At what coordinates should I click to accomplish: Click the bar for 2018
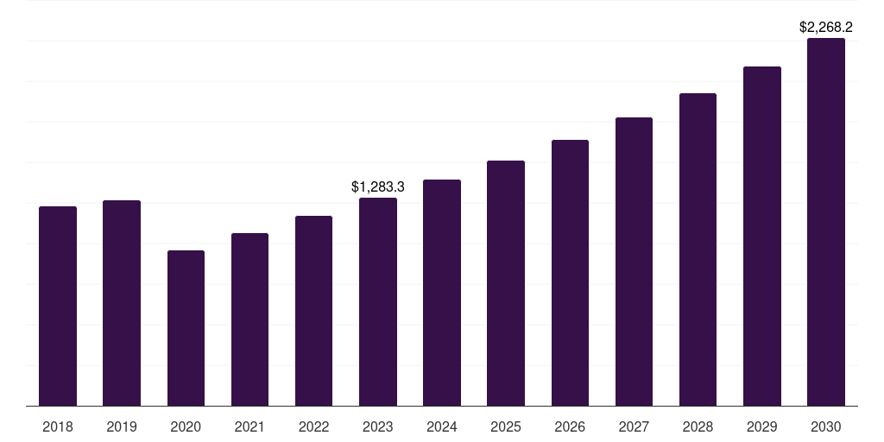tap(58, 306)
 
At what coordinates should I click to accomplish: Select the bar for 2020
tap(186, 328)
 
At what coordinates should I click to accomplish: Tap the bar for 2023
tap(378, 301)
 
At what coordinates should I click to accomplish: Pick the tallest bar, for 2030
tap(826, 222)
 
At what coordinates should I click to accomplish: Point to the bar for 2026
tap(570, 273)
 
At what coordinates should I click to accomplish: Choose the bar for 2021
tap(249, 319)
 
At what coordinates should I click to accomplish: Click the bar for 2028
tap(698, 249)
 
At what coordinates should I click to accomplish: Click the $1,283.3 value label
tap(378, 186)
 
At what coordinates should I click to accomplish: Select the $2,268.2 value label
tap(826, 27)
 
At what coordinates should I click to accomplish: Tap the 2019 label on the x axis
tap(122, 426)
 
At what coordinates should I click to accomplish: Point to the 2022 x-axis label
tap(313, 426)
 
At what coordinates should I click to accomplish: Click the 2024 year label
tap(442, 426)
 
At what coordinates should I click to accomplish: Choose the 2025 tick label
tap(506, 426)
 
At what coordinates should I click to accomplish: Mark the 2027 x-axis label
tap(634, 426)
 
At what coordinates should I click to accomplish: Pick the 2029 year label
tap(762, 426)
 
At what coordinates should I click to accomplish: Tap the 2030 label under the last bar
tap(826, 426)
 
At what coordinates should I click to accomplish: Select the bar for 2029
tap(762, 236)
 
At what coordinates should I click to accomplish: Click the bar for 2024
tap(442, 293)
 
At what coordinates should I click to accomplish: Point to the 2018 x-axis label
tap(58, 426)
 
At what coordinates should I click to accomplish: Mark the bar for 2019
tap(122, 303)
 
